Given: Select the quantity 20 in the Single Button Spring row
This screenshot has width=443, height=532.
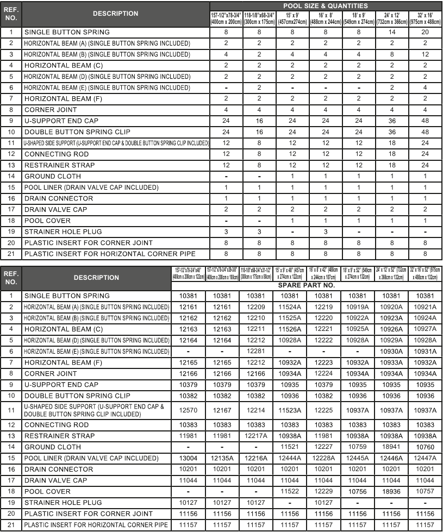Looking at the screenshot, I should [425, 32].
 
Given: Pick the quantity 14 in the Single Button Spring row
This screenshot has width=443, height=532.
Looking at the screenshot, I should [392, 32].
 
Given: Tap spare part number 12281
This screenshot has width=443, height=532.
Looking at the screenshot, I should [255, 351].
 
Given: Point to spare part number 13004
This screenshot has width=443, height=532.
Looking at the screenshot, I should [188, 458].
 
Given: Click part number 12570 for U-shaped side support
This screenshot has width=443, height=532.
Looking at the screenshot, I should [188, 410].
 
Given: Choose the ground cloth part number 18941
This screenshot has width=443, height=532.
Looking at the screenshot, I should [392, 447].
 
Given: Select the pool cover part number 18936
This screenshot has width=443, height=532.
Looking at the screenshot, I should [392, 491].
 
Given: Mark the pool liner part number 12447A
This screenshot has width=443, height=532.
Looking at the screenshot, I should [425, 458].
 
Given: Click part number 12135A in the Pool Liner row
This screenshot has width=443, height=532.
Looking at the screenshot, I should [222, 458].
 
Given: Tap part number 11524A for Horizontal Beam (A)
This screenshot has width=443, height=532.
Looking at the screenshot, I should [289, 307].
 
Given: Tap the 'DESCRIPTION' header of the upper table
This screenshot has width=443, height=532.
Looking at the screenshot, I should [115, 14].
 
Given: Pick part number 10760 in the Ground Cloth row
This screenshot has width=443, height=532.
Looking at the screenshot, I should [425, 447].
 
